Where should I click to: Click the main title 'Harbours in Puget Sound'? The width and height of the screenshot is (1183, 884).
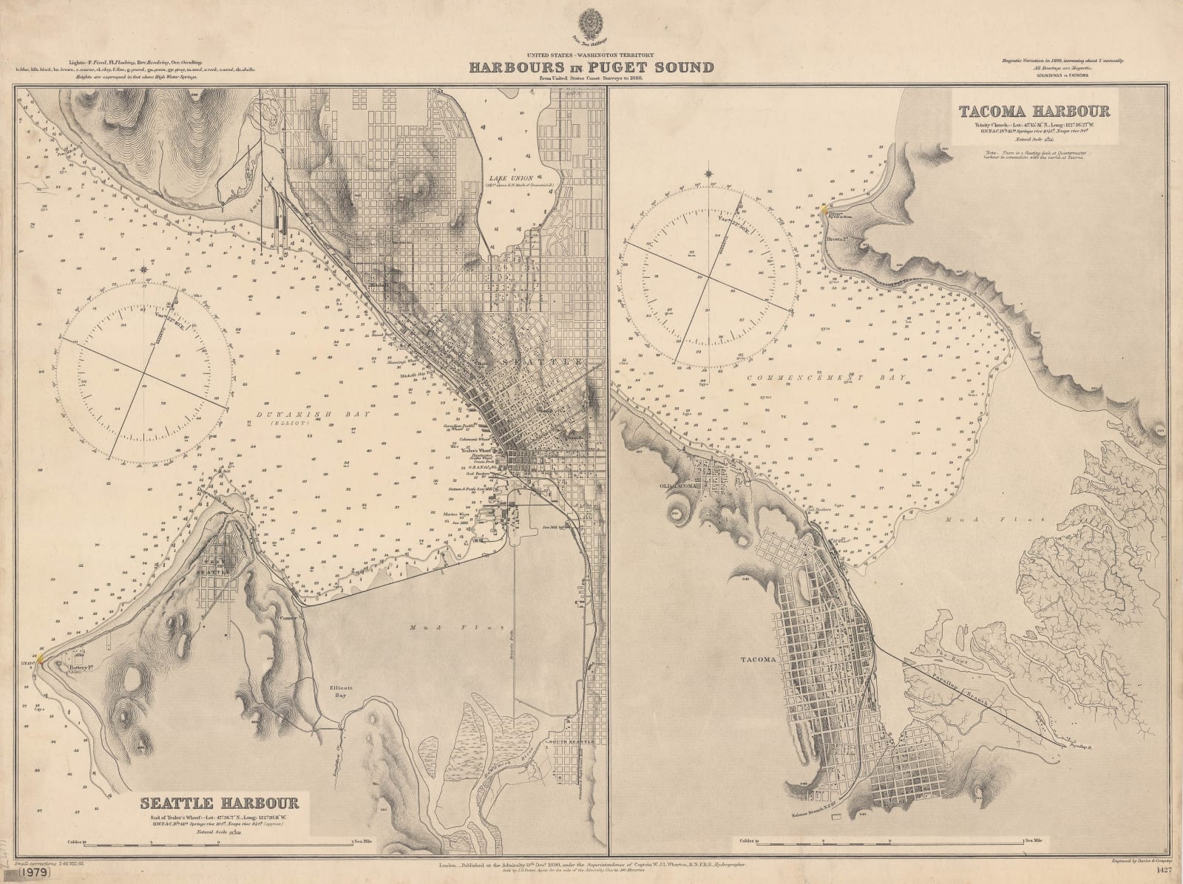pos(591,68)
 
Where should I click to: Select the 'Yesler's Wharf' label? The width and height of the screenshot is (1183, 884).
pos(474,450)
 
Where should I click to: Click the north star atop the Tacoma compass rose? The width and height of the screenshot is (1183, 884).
pos(710,175)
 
